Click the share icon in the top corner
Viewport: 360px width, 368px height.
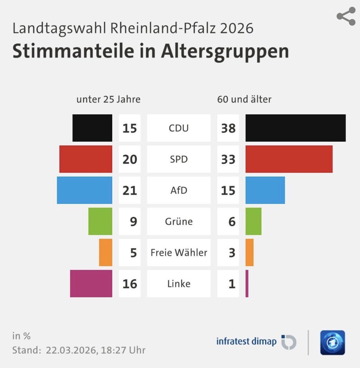[x=346, y=16]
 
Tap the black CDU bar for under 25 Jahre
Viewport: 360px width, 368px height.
[x=92, y=128]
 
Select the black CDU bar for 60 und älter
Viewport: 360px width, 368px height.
[x=295, y=128]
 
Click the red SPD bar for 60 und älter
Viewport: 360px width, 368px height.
[x=289, y=159]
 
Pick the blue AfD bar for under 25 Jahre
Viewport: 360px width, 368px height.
[x=84, y=190]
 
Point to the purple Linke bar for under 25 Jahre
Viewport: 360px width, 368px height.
[x=91, y=283]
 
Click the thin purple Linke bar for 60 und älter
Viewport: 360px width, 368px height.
[x=247, y=283]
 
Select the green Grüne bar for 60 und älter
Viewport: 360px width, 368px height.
[x=253, y=221]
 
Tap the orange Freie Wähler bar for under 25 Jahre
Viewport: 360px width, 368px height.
[x=106, y=252]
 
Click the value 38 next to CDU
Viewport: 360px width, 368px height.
[x=228, y=128]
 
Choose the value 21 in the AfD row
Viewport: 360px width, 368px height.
[x=129, y=190]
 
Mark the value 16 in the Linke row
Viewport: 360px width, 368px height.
[x=129, y=283]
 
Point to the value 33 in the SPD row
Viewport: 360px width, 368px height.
[x=228, y=159]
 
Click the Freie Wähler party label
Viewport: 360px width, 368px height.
[x=179, y=252]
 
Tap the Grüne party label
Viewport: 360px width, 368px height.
[x=179, y=221]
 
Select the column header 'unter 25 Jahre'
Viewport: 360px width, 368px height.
[x=108, y=99]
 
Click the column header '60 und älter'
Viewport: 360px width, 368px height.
[x=244, y=99]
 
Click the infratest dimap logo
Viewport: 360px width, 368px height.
[x=256, y=342]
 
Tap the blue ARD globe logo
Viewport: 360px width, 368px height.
[x=333, y=342]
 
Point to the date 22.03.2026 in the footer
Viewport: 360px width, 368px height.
[x=71, y=350]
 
